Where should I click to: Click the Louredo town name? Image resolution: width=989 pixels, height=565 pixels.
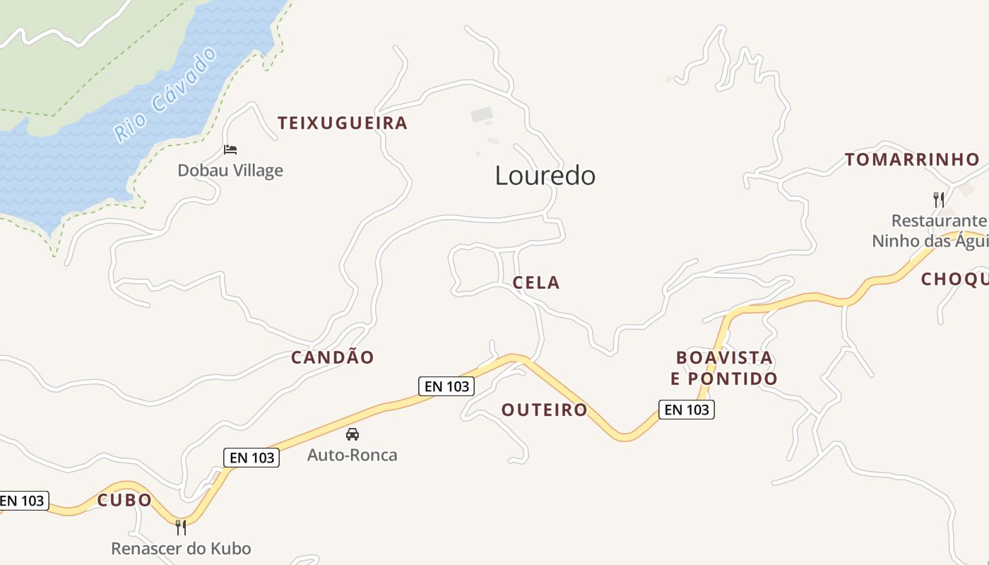tap(545, 175)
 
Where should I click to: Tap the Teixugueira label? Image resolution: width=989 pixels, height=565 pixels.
tap(343, 123)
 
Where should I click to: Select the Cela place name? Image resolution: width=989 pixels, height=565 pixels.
tap(536, 282)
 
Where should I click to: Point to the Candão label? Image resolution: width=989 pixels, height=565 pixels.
tap(332, 357)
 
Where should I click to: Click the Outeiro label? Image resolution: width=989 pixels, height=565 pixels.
tap(544, 410)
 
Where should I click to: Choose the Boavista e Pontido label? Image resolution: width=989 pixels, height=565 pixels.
tap(724, 368)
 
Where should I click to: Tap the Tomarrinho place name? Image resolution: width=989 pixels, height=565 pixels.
tap(912, 160)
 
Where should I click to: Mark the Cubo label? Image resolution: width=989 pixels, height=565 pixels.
tap(124, 500)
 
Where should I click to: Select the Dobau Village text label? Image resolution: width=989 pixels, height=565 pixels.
tap(230, 170)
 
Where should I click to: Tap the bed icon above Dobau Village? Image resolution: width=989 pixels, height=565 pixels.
tap(230, 150)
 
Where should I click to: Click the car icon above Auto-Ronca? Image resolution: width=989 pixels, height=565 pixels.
tap(352, 434)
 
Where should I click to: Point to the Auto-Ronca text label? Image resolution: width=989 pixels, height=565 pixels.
tap(352, 455)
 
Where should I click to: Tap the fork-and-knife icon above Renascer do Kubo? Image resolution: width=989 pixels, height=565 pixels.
tap(181, 527)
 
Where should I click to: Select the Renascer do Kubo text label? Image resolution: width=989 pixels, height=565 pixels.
tap(181, 548)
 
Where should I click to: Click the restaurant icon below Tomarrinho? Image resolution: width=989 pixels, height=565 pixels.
tap(939, 200)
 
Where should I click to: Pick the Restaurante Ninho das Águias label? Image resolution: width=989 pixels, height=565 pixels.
tap(930, 231)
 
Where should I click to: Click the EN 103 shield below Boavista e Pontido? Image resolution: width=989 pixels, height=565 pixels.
tap(686, 409)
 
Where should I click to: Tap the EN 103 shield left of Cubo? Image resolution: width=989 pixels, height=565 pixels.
tap(22, 501)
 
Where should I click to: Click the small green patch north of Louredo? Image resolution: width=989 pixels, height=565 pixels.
tap(481, 114)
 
